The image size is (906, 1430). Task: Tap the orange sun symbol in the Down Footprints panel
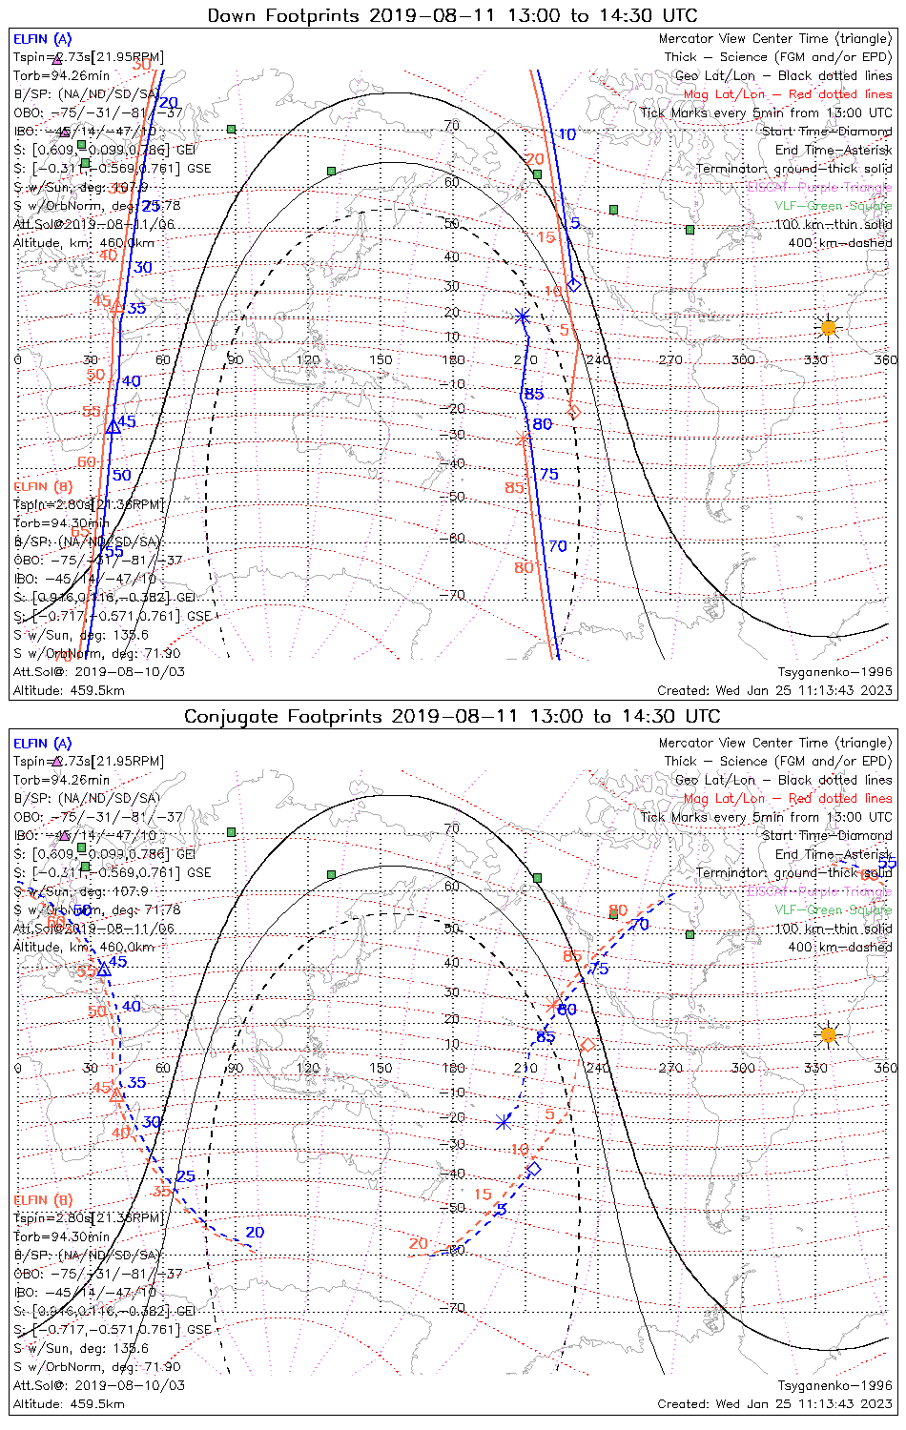tap(828, 328)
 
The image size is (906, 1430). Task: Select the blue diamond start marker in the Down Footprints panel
tap(574, 284)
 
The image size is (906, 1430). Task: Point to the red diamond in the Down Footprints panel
tap(573, 412)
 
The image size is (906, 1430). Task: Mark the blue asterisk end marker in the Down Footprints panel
tap(522, 317)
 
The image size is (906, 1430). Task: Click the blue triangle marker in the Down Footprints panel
tap(113, 425)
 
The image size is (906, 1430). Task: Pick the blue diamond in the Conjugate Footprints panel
tap(534, 1169)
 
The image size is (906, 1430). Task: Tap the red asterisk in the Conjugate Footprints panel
tap(552, 1005)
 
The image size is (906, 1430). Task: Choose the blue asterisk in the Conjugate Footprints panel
tap(504, 1123)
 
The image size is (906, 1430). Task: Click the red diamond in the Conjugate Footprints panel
tap(587, 1046)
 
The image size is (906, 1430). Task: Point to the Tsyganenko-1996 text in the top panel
tap(834, 672)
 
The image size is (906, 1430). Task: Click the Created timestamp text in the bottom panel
tap(774, 1403)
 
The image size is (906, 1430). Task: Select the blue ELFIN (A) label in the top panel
tap(42, 39)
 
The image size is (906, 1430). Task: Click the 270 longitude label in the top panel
tap(670, 359)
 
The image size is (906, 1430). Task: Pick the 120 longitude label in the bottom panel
tap(308, 1068)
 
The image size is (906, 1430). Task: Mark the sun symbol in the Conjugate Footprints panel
tap(828, 1034)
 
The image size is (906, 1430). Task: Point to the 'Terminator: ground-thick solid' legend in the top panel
tap(793, 169)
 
